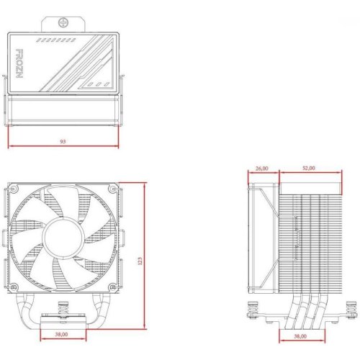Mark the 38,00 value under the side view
[x=300, y=336]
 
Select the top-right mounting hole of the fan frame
[x=113, y=189]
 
